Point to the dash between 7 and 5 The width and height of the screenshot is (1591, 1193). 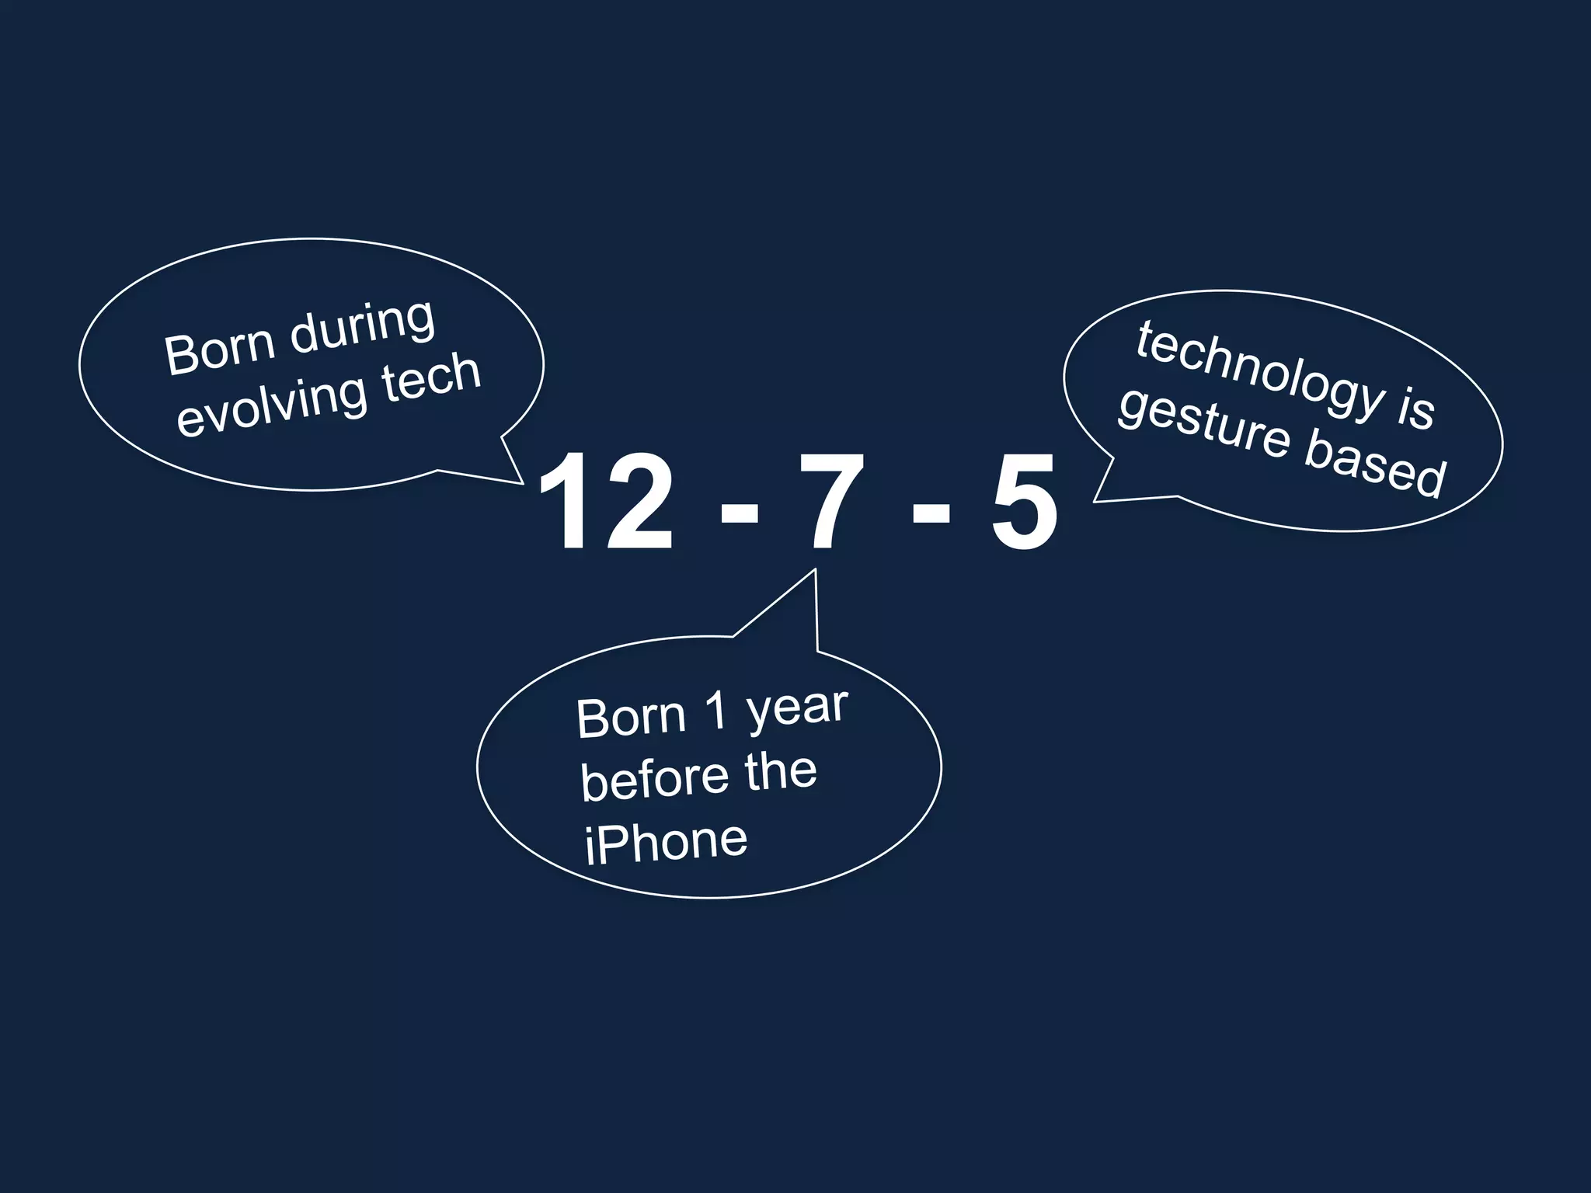931,513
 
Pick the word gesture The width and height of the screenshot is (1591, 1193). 1203,424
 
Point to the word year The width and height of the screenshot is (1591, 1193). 797,709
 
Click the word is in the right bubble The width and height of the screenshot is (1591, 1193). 1415,409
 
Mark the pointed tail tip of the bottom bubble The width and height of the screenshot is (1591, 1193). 815,570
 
